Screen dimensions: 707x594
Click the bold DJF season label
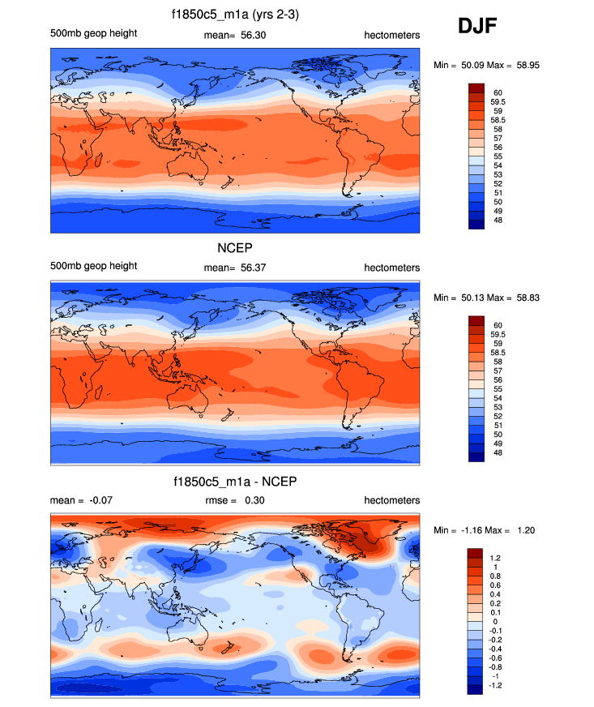(x=478, y=27)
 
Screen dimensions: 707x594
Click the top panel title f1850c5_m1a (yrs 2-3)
(x=235, y=15)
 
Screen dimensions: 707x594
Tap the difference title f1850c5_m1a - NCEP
(x=235, y=483)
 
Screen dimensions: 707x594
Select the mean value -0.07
(x=99, y=500)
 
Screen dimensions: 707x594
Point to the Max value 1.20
(x=523, y=530)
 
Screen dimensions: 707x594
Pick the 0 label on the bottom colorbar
(x=496, y=621)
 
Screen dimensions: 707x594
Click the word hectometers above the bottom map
(x=391, y=500)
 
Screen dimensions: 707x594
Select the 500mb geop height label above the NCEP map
(x=93, y=266)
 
